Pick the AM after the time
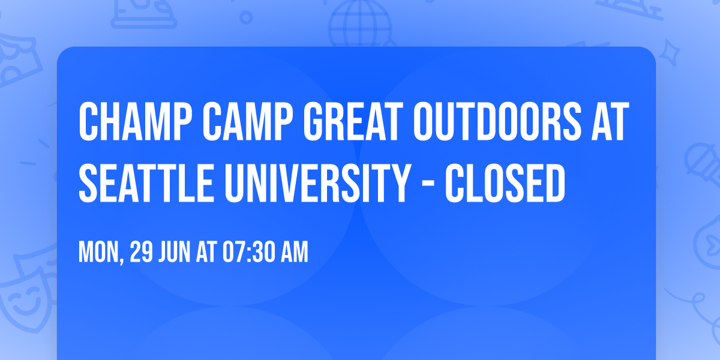pos(294,253)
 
